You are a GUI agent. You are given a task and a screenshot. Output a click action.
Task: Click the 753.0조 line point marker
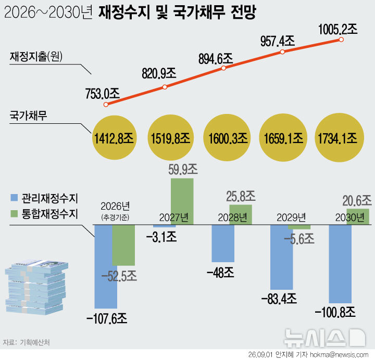point(106,105)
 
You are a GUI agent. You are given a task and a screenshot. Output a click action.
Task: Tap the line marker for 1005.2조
point(341,40)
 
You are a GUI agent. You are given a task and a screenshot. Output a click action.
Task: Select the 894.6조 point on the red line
point(223,68)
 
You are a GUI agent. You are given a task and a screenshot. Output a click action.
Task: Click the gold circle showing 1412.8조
point(114,137)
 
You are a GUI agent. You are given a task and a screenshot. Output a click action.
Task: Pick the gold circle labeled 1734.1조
point(340,137)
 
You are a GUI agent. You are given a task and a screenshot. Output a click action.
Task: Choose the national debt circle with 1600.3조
point(227,137)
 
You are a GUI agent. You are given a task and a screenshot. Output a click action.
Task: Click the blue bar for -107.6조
point(106,266)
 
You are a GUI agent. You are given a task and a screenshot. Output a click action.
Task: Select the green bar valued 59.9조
point(182,201)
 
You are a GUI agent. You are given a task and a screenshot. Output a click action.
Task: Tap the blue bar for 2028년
point(223,243)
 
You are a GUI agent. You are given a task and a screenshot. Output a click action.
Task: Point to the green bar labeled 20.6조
point(358,216)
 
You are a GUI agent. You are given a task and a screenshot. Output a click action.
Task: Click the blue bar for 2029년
point(281,257)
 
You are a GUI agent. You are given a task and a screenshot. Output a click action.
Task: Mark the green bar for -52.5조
point(123,245)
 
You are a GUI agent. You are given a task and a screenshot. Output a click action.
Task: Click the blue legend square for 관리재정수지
point(14,198)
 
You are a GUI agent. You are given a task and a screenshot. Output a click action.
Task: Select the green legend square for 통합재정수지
point(14,214)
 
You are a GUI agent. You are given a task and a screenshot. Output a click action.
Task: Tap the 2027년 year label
point(174,217)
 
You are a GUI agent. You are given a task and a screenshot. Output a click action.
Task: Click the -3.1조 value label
point(161,237)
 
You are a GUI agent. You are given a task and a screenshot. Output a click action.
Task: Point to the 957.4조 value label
point(278,41)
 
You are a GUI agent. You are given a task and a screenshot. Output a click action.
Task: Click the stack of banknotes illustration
point(36,287)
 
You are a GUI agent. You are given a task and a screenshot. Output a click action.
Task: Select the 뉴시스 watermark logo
point(324,338)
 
